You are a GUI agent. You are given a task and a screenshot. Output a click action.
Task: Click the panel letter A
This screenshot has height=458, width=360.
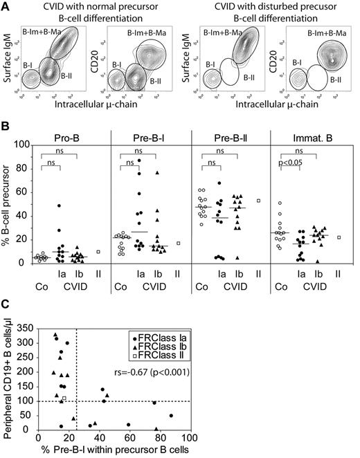(x=6, y=6)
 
